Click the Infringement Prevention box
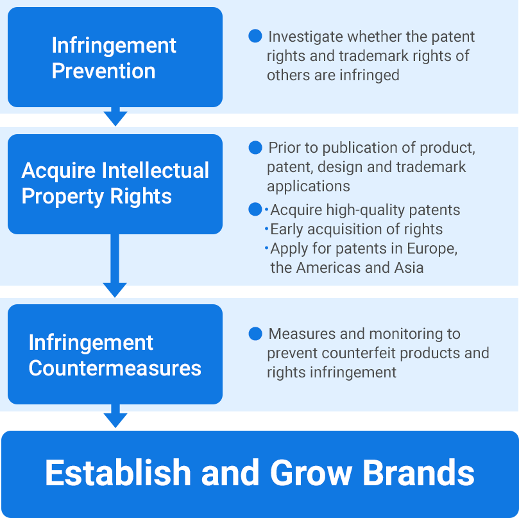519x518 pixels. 115,57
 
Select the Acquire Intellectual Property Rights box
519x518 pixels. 115,184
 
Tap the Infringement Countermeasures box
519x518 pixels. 115,354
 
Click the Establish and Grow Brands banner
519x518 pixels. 259,474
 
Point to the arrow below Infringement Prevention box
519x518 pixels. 115,116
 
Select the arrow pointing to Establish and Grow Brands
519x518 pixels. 115,417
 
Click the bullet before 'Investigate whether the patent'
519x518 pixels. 255,37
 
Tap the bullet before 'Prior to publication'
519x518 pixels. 255,148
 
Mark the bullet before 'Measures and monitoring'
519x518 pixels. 255,334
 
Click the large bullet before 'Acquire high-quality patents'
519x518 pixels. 255,209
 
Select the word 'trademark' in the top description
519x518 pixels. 370,56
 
